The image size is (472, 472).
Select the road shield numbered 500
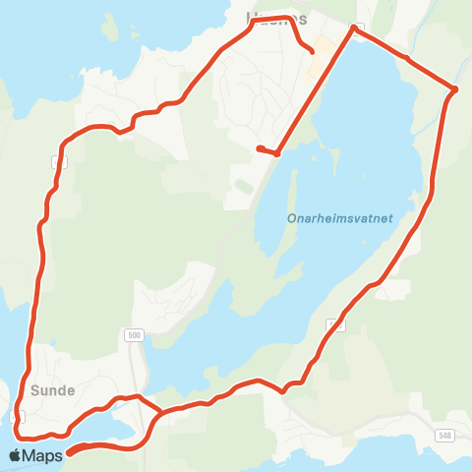[134, 335]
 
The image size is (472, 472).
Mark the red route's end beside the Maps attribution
[70, 452]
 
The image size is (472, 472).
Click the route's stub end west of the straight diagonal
[259, 148]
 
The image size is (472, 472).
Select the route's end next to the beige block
[313, 52]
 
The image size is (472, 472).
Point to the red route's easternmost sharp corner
[454, 90]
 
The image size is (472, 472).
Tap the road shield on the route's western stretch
[60, 160]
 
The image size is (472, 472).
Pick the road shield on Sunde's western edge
[16, 417]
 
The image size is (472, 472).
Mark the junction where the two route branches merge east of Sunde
[159, 412]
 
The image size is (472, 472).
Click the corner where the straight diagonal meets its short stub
[278, 153]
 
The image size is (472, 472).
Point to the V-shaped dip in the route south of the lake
[283, 391]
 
